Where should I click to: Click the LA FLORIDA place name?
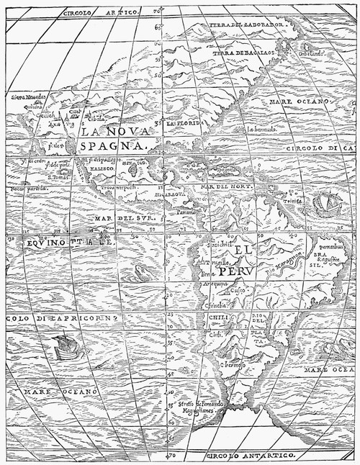(182, 124)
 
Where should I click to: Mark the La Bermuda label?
(261, 130)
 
